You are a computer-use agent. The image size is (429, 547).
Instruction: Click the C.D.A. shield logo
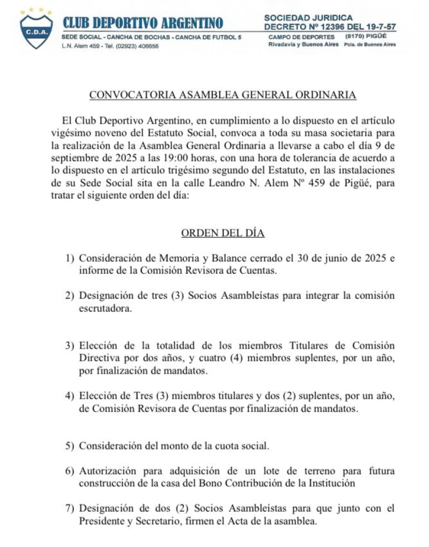pos(36,30)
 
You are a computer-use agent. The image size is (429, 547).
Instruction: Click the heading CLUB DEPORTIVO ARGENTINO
pos(143,23)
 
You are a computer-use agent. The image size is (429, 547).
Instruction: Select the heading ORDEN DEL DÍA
pos(223,233)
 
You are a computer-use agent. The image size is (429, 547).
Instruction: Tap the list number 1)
pos(70,258)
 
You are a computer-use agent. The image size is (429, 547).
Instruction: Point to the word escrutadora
pos(106,309)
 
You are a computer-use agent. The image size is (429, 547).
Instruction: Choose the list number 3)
pos(70,346)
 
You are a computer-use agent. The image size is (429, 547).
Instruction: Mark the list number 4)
pos(70,396)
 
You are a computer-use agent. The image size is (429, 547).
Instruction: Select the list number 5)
pos(70,446)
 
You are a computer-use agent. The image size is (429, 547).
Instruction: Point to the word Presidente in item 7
pos(102,520)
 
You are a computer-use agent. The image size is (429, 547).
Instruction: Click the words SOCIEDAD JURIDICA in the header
pos(308,18)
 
